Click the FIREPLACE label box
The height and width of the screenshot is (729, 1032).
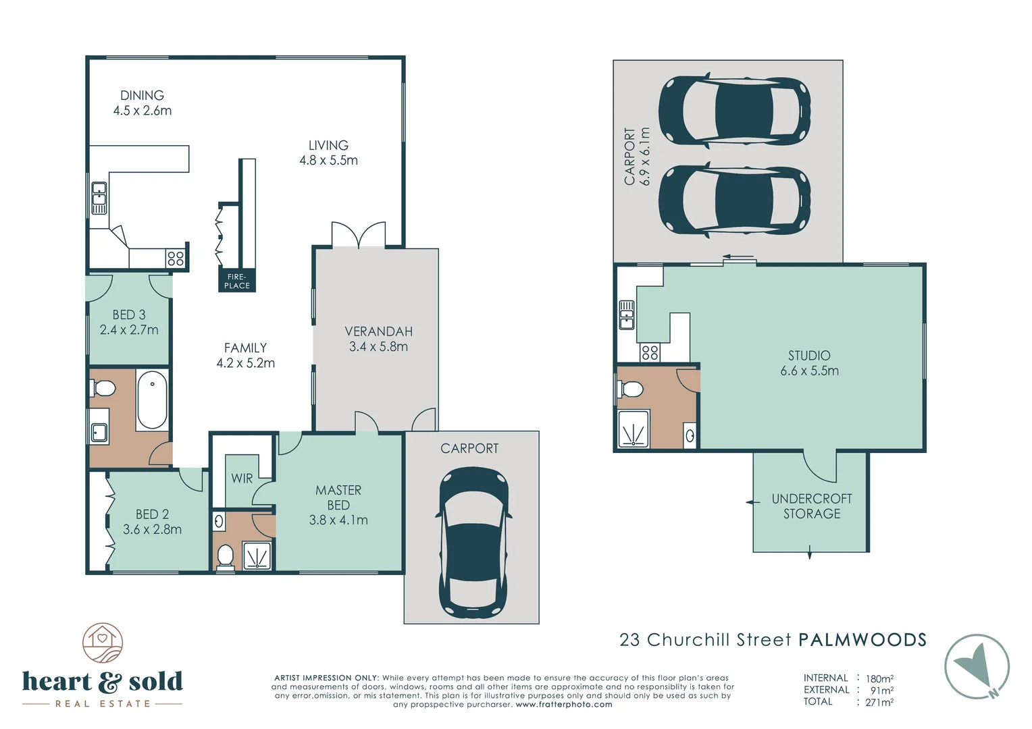(237, 281)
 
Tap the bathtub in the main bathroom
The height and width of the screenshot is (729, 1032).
(152, 400)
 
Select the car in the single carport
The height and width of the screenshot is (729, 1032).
(472, 543)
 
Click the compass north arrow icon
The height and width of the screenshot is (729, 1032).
(977, 667)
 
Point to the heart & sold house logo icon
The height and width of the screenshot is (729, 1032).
(103, 643)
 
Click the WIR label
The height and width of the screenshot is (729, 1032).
(242, 479)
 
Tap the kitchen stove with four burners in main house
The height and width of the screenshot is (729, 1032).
(176, 258)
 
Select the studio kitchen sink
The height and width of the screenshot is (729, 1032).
(627, 315)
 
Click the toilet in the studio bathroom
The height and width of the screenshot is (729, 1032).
(631, 389)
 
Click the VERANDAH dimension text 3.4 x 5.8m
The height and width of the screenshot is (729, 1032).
(378, 347)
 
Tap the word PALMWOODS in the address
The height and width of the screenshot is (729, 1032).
(862, 640)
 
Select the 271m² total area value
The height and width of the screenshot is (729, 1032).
(879, 702)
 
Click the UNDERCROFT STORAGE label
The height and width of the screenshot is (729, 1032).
(811, 506)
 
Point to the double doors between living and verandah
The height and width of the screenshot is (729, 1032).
(358, 236)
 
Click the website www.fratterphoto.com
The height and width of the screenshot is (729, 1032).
(564, 705)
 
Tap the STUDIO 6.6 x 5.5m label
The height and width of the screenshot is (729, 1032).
(809, 363)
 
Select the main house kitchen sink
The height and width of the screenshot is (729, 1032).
(99, 198)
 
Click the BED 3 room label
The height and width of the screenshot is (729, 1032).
(128, 323)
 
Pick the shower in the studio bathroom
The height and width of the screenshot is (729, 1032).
(634, 429)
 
